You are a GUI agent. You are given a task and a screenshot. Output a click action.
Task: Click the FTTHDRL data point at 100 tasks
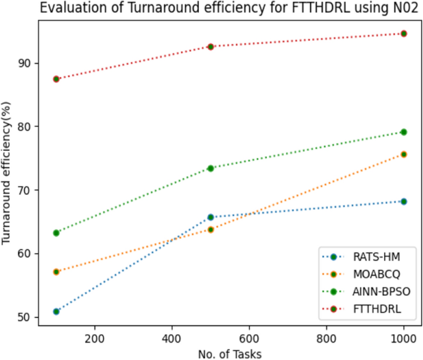(x=56, y=79)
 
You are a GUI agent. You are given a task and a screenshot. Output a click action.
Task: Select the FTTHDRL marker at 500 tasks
(x=211, y=46)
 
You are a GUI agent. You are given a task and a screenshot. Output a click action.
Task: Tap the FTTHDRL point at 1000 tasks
(x=404, y=33)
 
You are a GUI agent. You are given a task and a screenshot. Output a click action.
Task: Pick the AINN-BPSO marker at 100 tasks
(x=56, y=233)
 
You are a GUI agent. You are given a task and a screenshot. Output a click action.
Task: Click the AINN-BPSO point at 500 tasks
(x=211, y=168)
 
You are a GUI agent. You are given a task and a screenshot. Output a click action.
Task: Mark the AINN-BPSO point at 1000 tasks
(x=404, y=132)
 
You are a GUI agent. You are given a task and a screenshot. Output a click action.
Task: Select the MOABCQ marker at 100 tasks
(x=56, y=272)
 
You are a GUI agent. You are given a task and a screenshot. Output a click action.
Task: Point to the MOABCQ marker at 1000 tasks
(x=404, y=154)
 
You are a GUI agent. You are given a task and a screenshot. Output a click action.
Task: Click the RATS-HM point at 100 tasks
(x=56, y=311)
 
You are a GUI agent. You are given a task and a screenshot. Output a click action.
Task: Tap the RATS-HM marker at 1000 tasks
(x=404, y=201)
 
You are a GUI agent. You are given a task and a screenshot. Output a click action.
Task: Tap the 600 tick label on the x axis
(x=249, y=338)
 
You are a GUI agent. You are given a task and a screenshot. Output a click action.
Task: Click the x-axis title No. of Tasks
(x=230, y=353)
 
